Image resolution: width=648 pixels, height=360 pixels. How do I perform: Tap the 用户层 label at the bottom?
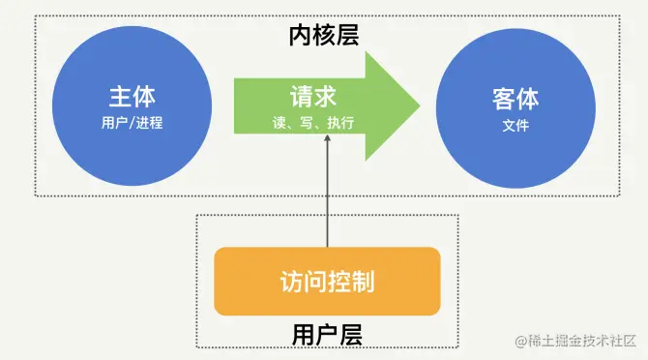click(327, 335)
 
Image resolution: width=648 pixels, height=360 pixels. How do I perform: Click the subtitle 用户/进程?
click(133, 124)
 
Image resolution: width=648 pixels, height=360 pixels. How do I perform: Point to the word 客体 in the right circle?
click(515, 99)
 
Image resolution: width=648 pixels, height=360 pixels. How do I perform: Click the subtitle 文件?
click(515, 125)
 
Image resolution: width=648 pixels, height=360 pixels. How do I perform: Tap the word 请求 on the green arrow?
click(313, 98)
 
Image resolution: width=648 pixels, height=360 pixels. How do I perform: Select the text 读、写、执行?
click(313, 123)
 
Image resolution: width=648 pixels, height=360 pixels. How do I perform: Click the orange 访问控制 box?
click(327, 282)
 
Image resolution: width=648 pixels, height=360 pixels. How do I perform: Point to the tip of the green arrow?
click(418, 105)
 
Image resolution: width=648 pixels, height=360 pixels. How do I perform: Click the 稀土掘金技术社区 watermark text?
click(580, 341)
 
